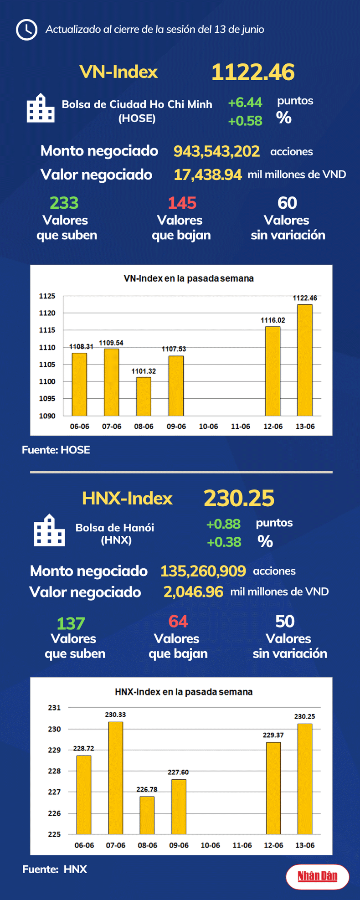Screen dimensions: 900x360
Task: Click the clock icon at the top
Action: pos(26,30)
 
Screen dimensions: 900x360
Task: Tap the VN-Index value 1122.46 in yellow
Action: pos(253,72)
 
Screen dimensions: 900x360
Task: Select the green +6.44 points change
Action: pos(245,103)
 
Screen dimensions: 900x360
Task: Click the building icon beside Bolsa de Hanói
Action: pos(49,530)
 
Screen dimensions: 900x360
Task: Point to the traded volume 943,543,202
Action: pos(216,151)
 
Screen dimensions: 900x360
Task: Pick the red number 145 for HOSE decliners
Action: pos(182,203)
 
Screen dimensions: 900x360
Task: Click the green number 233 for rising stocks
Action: pos(64,203)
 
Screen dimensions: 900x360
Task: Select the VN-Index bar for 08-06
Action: pos(144,396)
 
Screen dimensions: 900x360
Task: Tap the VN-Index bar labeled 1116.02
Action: pos(273,371)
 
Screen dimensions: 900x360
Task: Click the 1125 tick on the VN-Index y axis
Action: pos(47,296)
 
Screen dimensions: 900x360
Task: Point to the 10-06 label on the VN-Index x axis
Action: pos(208,427)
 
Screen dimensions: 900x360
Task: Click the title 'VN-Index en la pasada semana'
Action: pos(189,278)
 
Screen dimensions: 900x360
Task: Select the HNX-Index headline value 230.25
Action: pos(239,498)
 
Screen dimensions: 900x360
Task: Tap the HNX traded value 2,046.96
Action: pos(193,592)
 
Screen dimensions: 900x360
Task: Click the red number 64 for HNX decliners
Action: pos(178,621)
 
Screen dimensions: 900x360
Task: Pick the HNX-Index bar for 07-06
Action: pos(115,777)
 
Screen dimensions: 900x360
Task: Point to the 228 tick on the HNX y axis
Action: pos(54,771)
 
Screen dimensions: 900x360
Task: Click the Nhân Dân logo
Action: pos(318,876)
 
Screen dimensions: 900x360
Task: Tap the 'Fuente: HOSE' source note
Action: pos(56,450)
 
